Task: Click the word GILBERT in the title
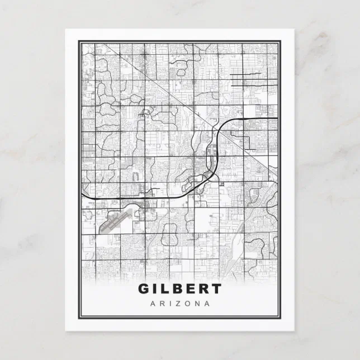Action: coord(179,290)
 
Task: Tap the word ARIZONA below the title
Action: coord(180,304)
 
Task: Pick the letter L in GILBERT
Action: coord(165,290)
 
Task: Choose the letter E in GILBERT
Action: coord(190,290)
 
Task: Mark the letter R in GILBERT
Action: coord(203,290)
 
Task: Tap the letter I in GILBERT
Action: coord(155,290)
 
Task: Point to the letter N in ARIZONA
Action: coord(197,304)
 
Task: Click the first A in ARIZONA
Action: coord(153,304)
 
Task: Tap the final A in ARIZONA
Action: coord(207,304)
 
